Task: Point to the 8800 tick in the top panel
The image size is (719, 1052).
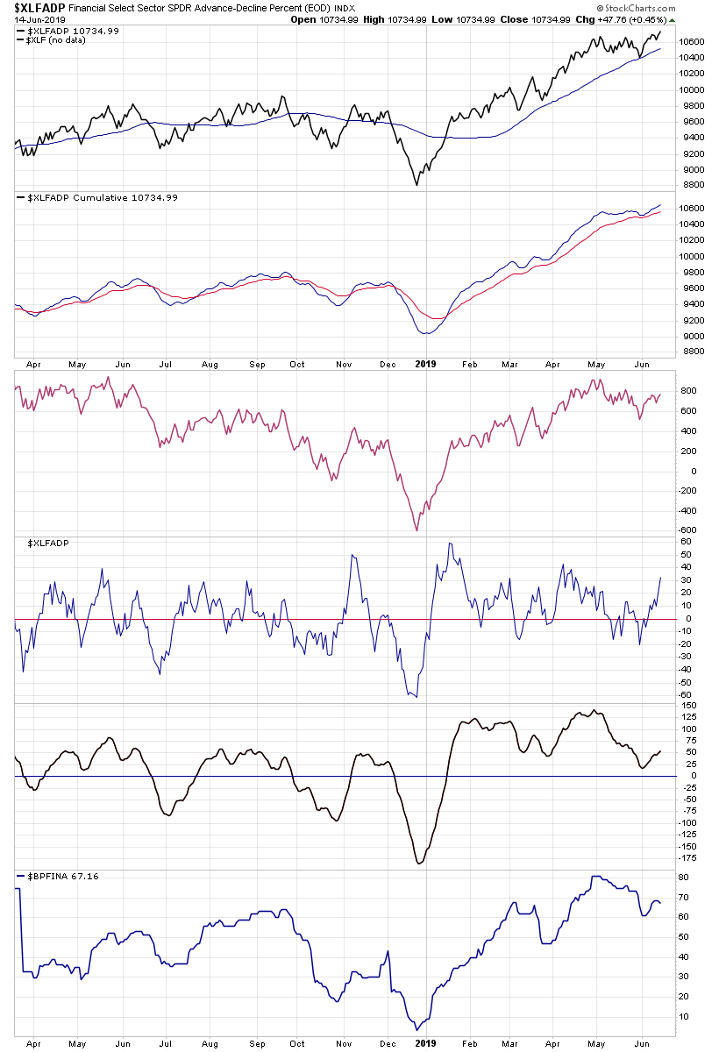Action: pos(691,185)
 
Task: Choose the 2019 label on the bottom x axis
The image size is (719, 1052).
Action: pos(424,1042)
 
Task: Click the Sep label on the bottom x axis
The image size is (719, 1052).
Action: pos(258,1042)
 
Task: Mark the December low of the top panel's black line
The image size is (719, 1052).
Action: pos(417,184)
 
